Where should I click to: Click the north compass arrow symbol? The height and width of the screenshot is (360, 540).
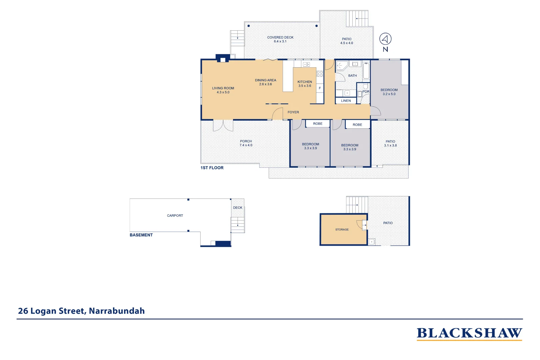[385, 39]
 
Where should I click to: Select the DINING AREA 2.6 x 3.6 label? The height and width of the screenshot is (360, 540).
[265, 82]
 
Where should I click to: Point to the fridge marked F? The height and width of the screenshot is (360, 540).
[320, 88]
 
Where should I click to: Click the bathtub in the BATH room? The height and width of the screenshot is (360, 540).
[366, 70]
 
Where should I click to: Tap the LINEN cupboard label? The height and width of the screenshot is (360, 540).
[346, 101]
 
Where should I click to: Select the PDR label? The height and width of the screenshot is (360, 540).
[366, 92]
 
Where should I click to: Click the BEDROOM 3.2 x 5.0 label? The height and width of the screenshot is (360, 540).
[389, 92]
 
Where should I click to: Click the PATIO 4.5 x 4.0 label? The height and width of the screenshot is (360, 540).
[346, 41]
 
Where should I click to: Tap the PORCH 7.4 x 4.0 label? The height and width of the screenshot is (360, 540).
[246, 143]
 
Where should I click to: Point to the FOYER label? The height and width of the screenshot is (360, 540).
[293, 112]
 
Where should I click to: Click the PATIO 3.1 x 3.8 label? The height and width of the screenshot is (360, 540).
[390, 143]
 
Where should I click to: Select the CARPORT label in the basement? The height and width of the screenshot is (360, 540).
[175, 216]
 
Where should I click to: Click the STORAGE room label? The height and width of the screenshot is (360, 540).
[342, 230]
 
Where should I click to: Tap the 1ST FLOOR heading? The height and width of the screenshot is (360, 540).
[212, 168]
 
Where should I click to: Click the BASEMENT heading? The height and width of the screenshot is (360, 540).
[141, 235]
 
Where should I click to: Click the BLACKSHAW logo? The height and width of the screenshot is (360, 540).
[469, 333]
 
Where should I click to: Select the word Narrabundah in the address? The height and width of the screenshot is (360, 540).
[117, 311]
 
